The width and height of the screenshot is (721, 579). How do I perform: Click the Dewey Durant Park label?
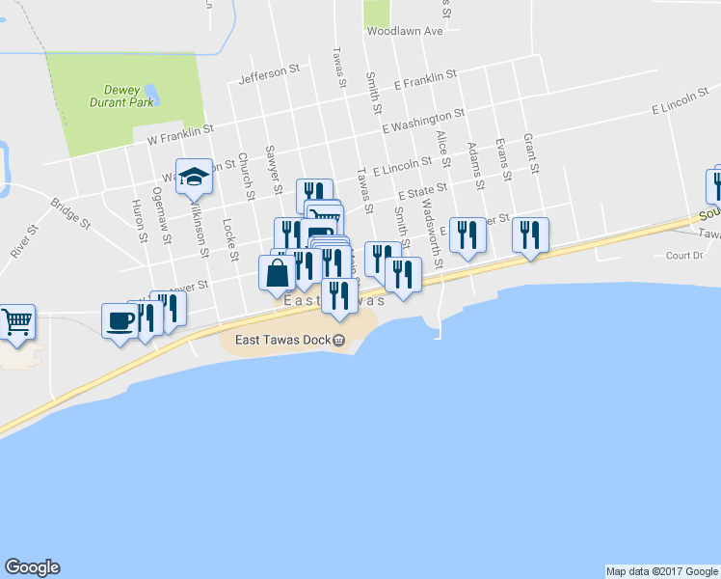122,95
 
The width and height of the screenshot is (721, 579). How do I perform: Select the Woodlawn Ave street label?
404,31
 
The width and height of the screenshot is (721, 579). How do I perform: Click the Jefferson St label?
263,73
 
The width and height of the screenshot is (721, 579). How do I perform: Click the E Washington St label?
424,121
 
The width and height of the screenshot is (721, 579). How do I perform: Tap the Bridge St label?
69,214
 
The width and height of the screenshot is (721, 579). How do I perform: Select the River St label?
24,241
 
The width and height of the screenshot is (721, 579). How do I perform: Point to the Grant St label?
529,150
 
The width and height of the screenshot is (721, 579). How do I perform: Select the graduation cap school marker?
193,177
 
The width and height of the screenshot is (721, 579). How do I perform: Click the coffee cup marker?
120,320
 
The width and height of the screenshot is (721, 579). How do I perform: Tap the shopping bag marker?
277,272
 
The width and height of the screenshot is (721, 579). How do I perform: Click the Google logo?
32,567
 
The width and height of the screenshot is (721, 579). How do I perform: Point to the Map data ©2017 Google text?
661,571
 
